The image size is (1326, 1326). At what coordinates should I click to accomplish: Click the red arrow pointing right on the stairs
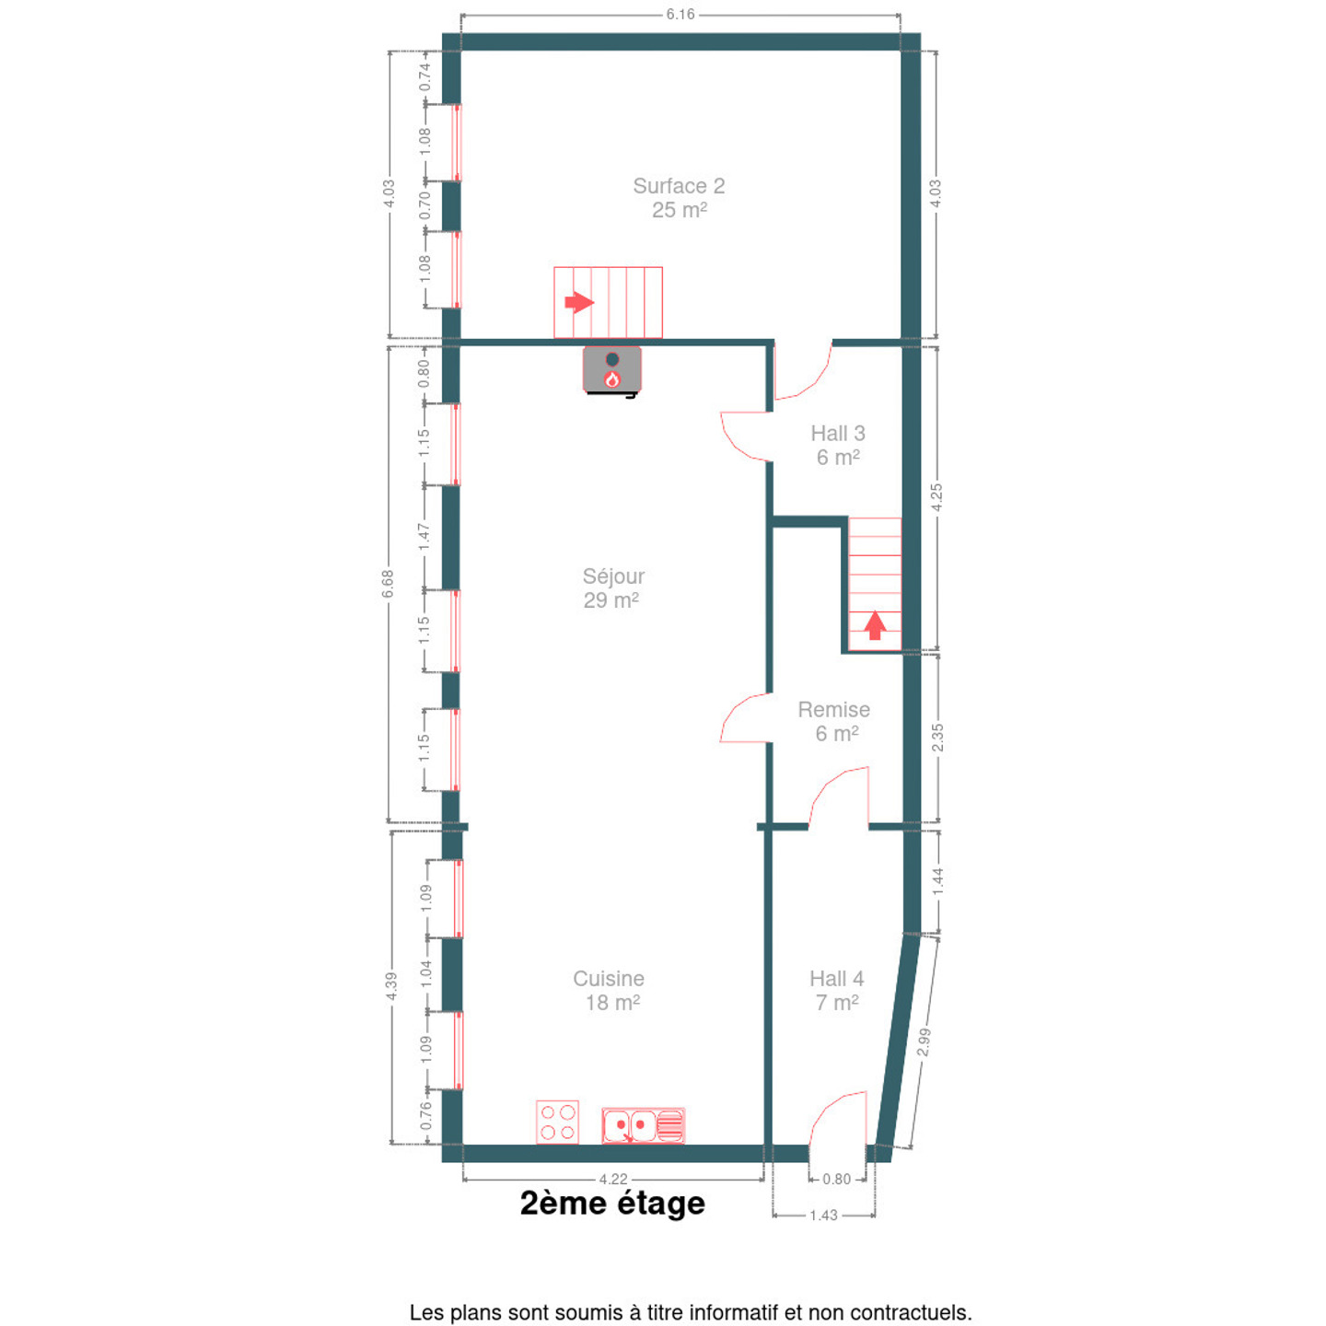coord(579,302)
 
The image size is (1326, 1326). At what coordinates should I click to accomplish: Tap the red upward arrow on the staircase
coord(874,625)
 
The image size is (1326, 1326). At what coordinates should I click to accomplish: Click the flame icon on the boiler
coord(611,379)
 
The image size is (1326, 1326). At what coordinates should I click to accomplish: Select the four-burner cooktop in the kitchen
coord(557,1122)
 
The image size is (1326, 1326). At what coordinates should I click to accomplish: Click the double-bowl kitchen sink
coord(643,1126)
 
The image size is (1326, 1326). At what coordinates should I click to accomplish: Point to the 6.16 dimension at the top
coord(680,15)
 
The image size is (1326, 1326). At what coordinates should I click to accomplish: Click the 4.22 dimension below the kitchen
coord(612,1180)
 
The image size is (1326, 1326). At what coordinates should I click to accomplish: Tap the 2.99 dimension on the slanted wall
coord(925,1041)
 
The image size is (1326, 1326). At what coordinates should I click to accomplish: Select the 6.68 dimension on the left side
coord(388,584)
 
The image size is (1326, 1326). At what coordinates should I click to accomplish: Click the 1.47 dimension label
coord(424,536)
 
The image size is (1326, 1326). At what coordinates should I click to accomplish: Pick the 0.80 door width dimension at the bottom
coord(837,1179)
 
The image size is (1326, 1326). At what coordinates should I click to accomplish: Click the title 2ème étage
coord(612,1203)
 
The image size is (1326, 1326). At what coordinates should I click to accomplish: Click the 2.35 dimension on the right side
coord(937,738)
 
